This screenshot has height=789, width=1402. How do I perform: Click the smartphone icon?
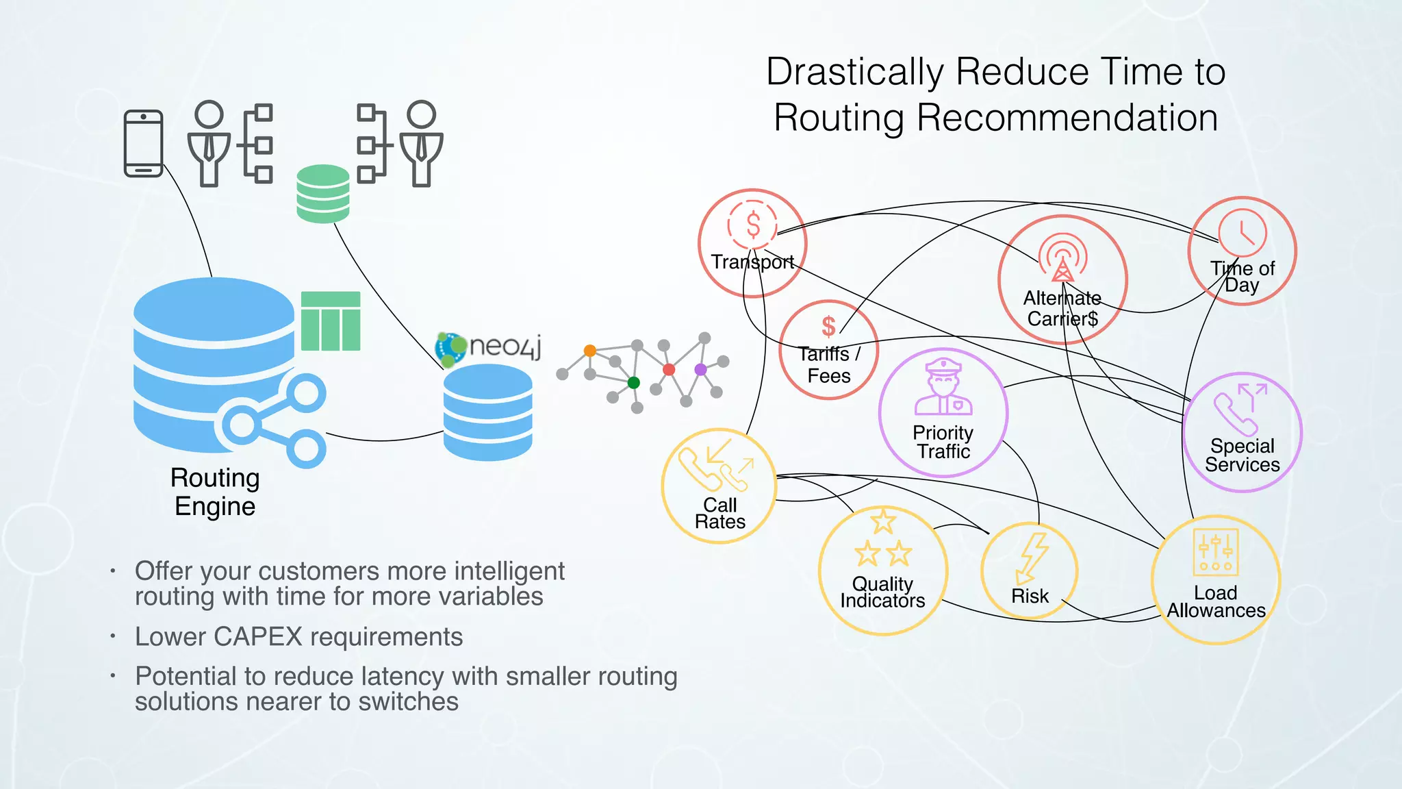(143, 143)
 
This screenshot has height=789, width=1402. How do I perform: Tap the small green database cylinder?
(323, 193)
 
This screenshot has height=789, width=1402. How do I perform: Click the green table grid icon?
(331, 321)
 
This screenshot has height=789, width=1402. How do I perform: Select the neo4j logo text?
(505, 345)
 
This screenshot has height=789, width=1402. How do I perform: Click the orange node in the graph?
(589, 351)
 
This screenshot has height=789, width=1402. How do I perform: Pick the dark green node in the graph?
(634, 382)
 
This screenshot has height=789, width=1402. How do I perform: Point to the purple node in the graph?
(700, 369)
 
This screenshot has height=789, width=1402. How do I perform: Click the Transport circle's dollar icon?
(753, 225)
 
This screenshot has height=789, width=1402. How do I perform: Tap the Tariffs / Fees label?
(828, 364)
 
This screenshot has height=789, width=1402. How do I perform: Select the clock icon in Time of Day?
(1242, 233)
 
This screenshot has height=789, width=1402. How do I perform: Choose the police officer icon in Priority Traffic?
(943, 388)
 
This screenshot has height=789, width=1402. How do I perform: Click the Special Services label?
(1242, 455)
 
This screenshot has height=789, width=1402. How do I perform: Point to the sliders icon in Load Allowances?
(1215, 552)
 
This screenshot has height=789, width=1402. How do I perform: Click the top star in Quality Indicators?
(883, 522)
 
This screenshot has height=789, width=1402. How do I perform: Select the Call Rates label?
(719, 513)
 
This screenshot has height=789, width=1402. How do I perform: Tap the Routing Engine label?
(215, 492)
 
